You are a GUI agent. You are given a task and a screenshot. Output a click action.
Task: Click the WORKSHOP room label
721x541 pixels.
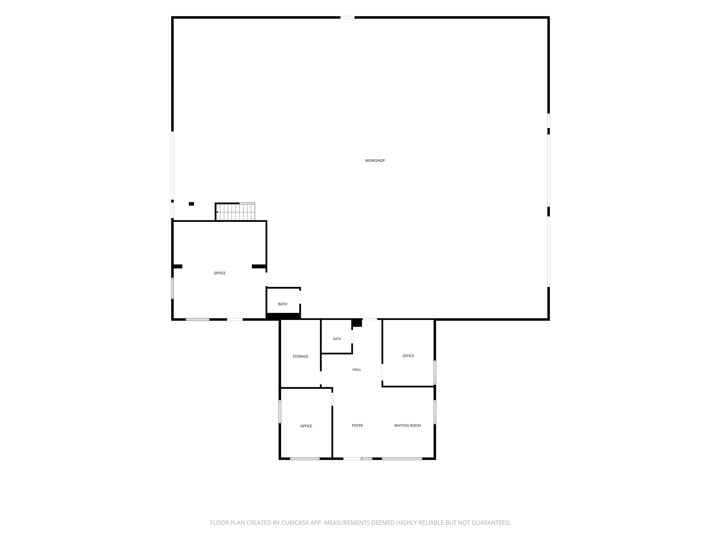[x=375, y=160]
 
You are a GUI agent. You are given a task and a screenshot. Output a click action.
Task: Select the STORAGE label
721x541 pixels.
[x=300, y=356]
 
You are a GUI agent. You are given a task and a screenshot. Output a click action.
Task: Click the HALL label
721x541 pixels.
[x=357, y=369]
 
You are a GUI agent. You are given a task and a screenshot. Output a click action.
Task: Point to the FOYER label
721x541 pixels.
[x=357, y=425]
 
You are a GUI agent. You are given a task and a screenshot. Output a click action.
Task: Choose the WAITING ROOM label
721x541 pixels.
[x=407, y=425]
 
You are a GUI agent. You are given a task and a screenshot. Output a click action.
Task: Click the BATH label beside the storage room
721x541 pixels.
[x=337, y=339]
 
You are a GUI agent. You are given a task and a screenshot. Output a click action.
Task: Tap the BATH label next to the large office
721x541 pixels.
[x=283, y=304]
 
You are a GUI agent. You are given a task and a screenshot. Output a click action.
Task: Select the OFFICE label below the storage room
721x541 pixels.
[x=306, y=426]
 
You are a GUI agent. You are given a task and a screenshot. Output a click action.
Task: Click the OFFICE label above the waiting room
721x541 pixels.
[x=408, y=356]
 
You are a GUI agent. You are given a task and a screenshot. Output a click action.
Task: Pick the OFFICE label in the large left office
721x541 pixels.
[x=219, y=273]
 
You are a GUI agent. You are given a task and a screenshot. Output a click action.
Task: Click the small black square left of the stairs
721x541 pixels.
[x=191, y=204]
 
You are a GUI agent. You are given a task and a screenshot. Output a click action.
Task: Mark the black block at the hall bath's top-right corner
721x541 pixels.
[x=357, y=323]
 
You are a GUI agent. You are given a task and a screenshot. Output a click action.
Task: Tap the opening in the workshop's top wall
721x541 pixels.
[x=347, y=17]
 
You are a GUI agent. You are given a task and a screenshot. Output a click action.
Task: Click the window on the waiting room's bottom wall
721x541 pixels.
[x=402, y=459]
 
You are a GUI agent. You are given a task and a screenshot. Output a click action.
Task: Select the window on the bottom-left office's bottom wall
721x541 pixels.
[x=305, y=459]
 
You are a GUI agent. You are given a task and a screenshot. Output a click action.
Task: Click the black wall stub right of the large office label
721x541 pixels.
[x=259, y=267]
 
